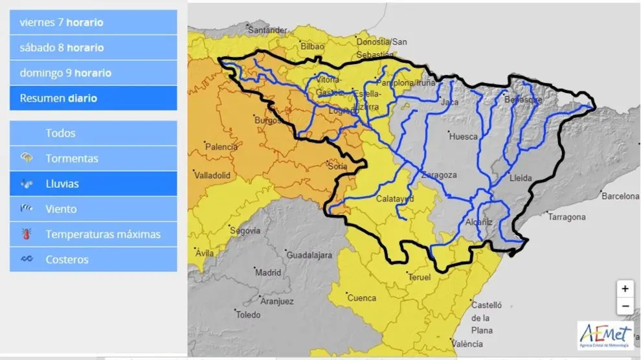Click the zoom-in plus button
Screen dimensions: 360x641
click(x=624, y=289)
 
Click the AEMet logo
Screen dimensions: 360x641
click(x=605, y=335)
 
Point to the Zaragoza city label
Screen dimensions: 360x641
click(x=439, y=175)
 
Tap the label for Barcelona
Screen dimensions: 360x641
click(x=620, y=196)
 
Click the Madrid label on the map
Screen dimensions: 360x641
click(x=268, y=273)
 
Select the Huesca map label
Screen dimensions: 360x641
click(x=463, y=137)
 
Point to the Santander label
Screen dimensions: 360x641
click(x=267, y=30)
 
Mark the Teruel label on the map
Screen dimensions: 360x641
click(x=420, y=277)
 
